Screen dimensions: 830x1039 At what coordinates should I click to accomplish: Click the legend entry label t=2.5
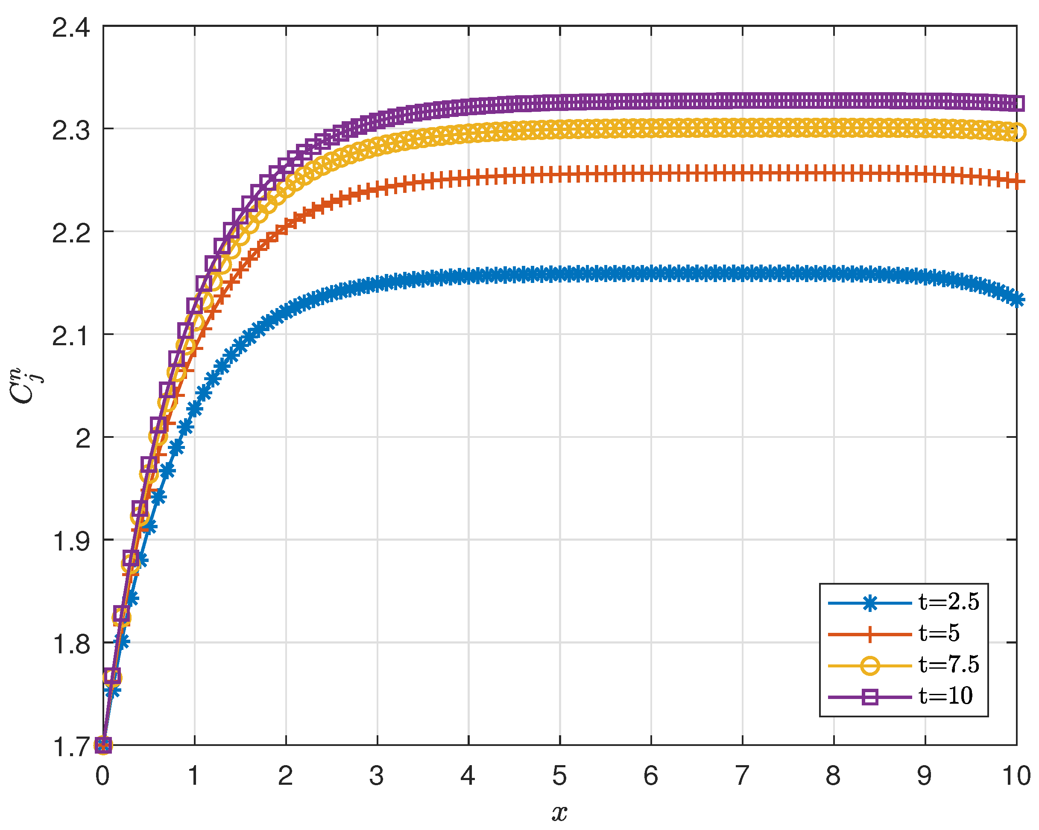tap(948, 602)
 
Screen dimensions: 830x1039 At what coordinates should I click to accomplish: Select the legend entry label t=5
tap(939, 633)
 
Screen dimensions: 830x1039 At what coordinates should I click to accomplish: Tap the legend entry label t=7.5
tap(948, 664)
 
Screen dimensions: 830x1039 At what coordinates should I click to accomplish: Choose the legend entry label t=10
tap(945, 696)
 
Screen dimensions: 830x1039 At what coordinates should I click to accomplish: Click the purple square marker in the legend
tap(869, 696)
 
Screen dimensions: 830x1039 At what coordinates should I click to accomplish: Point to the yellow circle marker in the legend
tap(869, 666)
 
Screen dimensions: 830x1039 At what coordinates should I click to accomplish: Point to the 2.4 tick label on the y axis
tap(71, 27)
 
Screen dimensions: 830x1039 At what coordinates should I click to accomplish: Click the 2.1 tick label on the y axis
tap(71, 335)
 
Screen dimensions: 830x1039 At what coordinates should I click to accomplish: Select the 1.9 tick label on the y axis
tap(71, 541)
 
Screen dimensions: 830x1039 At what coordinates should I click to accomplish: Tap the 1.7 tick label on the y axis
tap(71, 747)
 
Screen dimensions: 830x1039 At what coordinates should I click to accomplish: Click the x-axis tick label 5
tap(559, 775)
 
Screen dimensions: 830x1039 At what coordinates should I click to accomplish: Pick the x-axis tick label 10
tap(1016, 775)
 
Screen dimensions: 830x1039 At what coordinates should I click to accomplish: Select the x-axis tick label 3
tap(377, 775)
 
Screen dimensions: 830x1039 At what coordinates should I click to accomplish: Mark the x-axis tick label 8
tap(833, 775)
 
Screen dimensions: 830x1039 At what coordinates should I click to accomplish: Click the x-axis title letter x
tap(559, 812)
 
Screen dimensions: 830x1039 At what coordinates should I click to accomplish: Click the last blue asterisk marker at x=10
tap(1016, 300)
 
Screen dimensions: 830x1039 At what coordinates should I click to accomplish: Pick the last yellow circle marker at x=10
tap(1016, 132)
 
